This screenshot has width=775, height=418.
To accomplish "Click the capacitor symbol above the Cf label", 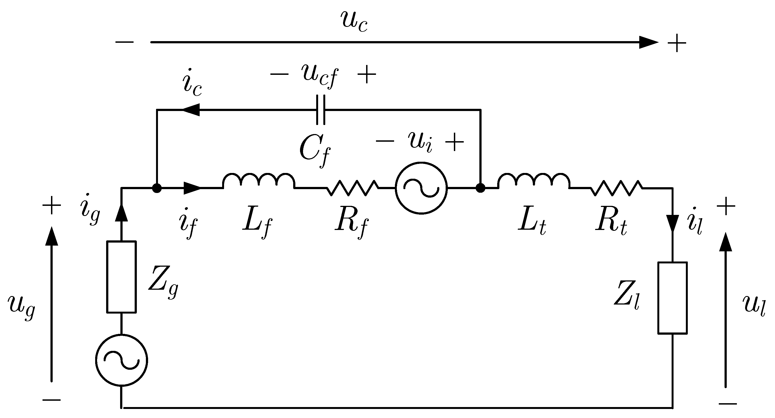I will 321,110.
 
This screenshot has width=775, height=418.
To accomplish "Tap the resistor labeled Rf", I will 353,188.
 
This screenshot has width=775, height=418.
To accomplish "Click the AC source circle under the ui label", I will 421,188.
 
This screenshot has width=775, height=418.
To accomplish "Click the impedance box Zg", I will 121,277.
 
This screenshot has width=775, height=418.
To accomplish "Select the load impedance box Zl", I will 672,298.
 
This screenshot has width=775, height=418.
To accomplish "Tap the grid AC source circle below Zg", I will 121,360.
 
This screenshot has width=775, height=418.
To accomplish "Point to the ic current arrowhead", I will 191,110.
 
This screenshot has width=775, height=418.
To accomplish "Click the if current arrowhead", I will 192,188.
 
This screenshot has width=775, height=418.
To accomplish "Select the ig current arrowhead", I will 121,213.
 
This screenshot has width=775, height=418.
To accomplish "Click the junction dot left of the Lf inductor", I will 157,188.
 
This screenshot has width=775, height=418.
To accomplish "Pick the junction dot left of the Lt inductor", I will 480,188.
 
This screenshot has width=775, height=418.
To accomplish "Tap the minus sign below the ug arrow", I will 52,400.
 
